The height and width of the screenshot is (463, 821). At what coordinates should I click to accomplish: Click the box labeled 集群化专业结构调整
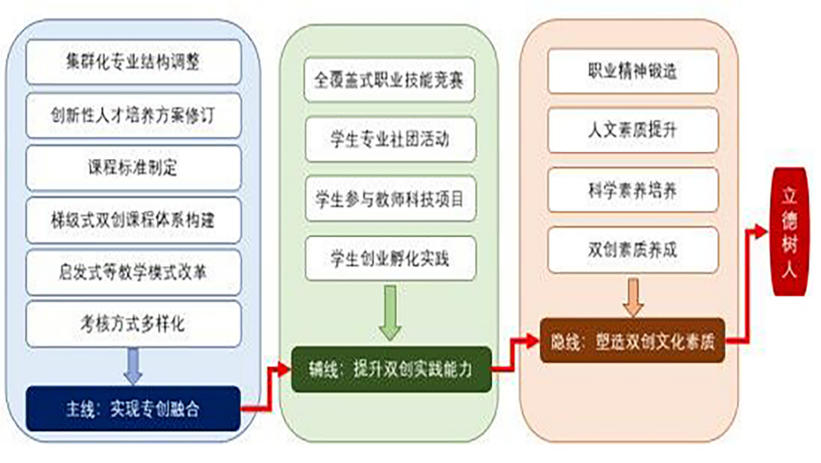(x=134, y=61)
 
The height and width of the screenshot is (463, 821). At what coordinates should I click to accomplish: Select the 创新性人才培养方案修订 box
(x=134, y=116)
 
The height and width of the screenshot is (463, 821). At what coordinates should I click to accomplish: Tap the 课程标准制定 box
(x=134, y=168)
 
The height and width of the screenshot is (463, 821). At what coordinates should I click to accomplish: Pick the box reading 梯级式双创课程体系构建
(x=134, y=221)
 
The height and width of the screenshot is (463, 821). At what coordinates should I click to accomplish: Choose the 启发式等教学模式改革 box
(x=134, y=272)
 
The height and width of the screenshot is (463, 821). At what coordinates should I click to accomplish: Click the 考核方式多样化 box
(x=134, y=324)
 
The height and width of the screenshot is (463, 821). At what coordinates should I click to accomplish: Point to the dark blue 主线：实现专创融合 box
(x=134, y=409)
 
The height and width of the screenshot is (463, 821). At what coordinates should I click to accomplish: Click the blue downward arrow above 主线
(x=133, y=365)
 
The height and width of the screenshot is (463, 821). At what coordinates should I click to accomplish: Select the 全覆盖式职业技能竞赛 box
(x=389, y=80)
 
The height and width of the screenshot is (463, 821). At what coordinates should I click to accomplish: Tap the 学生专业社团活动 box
(x=390, y=139)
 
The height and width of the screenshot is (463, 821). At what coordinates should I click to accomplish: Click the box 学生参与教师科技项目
(x=390, y=199)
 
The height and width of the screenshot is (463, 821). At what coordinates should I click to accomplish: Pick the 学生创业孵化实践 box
(x=390, y=259)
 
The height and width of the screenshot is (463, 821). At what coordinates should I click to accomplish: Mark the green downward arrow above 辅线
(x=390, y=313)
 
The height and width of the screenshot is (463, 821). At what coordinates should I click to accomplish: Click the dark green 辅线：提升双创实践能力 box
(x=392, y=369)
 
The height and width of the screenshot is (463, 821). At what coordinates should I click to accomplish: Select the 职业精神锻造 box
(x=633, y=71)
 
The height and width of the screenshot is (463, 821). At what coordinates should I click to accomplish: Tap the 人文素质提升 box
(x=633, y=130)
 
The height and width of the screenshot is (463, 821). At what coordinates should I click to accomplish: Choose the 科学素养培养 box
(x=633, y=190)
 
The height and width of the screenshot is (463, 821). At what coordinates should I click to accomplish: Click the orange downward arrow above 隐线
(x=633, y=298)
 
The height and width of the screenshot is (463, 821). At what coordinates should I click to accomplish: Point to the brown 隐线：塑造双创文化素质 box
(x=632, y=341)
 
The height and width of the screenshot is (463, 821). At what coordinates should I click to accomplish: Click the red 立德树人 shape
(x=789, y=231)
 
